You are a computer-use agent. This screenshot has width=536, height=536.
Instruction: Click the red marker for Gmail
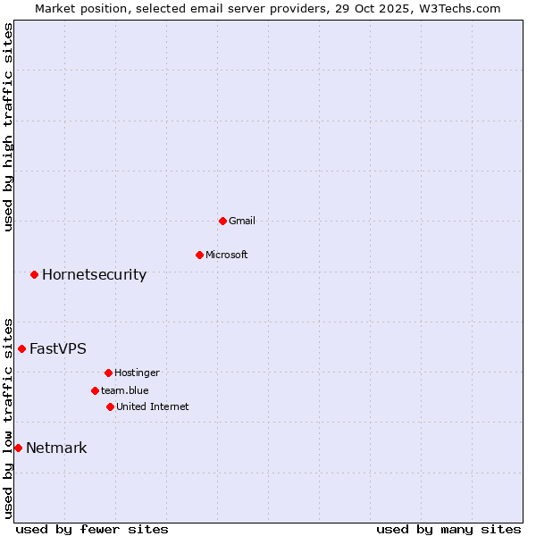pyautogui.click(x=222, y=221)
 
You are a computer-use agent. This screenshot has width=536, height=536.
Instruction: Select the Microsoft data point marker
pyautogui.click(x=199, y=255)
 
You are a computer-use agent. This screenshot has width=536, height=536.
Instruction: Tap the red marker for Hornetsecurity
pyautogui.click(x=34, y=274)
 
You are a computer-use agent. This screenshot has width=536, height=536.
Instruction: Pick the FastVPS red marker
pyautogui.click(x=21, y=348)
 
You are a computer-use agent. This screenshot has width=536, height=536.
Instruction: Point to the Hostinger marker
pyautogui.click(x=108, y=373)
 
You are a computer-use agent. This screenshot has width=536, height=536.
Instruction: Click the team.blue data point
pyautogui.click(x=95, y=390)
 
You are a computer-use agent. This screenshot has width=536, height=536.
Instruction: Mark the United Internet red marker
pyautogui.click(x=110, y=406)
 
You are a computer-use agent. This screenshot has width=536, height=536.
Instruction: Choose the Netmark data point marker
pyautogui.click(x=18, y=448)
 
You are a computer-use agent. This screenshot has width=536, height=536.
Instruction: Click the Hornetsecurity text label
pyautogui.click(x=94, y=274)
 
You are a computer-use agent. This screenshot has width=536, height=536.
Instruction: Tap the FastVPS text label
pyautogui.click(x=58, y=348)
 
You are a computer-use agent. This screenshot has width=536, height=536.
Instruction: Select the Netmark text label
pyautogui.click(x=56, y=448)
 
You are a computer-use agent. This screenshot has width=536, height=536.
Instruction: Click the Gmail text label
pyautogui.click(x=242, y=221)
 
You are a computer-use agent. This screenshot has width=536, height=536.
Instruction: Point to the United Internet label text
pyautogui.click(x=152, y=406)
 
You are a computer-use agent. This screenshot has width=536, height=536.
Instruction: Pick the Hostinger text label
pyautogui.click(x=137, y=373)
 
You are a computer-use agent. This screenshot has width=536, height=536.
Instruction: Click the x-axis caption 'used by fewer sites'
pyautogui.click(x=92, y=529)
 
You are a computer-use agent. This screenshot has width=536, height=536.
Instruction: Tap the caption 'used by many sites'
pyautogui.click(x=448, y=529)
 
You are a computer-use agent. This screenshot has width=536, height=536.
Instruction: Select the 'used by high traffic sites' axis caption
pyautogui.click(x=8, y=127)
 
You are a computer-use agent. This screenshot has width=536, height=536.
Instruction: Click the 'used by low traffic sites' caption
pyautogui.click(x=8, y=417)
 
